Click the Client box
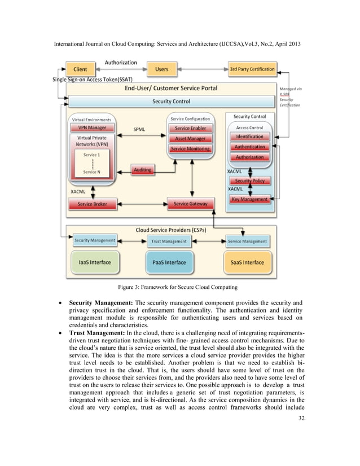pos(81,69)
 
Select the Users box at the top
pos(162,69)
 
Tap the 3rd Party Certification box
pos(252,69)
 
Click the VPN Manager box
pos(92,128)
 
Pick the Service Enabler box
pos(190,128)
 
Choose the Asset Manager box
pos(190,138)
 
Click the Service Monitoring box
pos(190,149)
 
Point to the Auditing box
pos(142,169)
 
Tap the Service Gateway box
pos(190,204)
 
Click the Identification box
pos(249,137)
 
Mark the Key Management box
pos(249,200)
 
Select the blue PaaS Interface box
pos(169,262)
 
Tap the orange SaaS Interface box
pos(247,262)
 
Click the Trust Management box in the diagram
pos(169,241)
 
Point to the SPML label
pos(139,129)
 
